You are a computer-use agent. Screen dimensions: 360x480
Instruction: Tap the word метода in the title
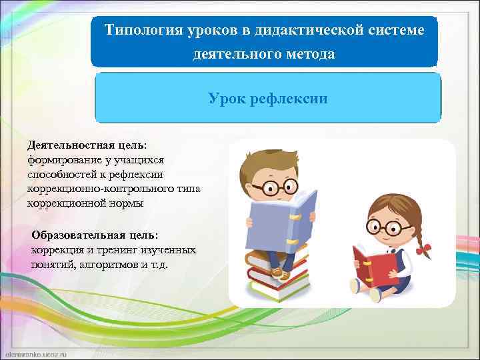[x=307, y=54]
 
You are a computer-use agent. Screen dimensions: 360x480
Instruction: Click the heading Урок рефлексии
[x=267, y=99]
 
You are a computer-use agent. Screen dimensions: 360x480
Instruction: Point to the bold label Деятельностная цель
[x=86, y=145]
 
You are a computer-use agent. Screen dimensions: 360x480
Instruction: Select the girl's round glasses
[x=385, y=228]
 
